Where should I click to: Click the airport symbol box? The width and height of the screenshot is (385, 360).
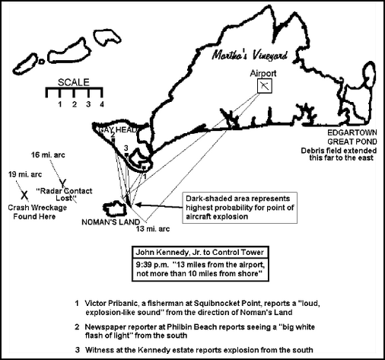[265, 86]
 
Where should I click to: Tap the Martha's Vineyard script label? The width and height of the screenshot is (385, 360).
[250, 55]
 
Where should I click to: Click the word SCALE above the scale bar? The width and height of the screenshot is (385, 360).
[74, 82]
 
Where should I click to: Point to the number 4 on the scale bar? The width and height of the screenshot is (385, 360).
[102, 104]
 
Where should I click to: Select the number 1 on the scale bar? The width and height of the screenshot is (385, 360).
[60, 104]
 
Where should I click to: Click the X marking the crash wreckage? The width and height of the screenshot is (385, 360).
[24, 195]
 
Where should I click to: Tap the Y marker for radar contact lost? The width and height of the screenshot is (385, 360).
[63, 183]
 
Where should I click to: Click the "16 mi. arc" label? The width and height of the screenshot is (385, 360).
[48, 155]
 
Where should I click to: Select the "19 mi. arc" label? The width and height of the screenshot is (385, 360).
[25, 174]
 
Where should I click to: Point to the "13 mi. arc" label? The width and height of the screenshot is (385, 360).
[153, 229]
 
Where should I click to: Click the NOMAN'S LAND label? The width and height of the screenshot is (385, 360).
[111, 222]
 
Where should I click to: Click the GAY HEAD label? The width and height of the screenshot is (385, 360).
[118, 130]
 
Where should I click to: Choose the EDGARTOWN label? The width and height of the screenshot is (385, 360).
[352, 132]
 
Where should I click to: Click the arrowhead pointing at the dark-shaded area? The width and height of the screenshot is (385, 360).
[138, 204]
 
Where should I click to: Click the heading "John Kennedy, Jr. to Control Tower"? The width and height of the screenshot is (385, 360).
[200, 253]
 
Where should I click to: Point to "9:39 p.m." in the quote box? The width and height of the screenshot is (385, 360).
[152, 265]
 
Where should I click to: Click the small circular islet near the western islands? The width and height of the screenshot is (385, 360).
[41, 61]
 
